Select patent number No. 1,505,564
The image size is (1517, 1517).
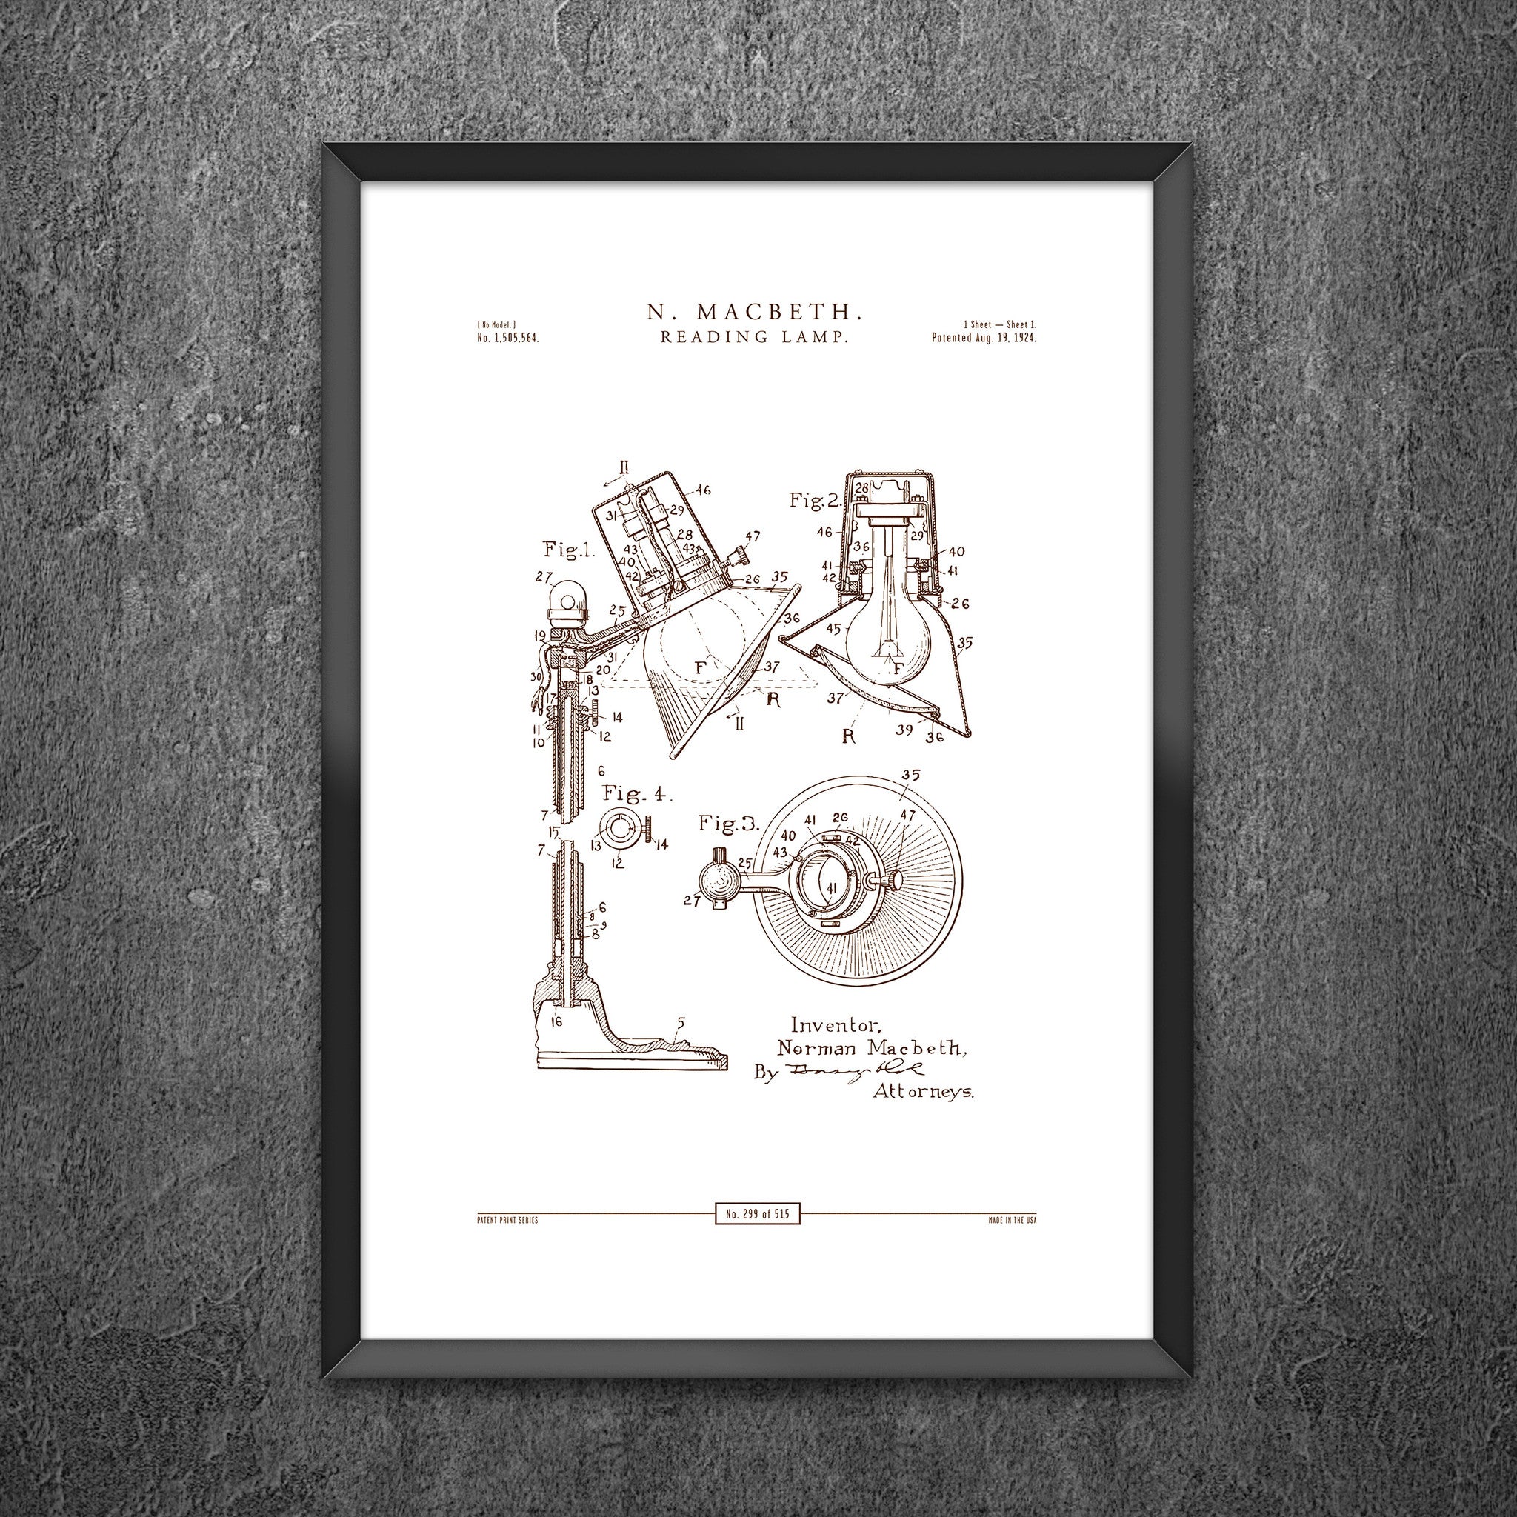(507, 339)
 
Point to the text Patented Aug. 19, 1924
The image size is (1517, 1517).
(984, 339)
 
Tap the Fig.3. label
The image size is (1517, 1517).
(730, 824)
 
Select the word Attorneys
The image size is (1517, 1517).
(924, 1091)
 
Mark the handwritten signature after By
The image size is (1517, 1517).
(848, 1070)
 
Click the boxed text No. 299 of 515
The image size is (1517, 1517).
(758, 1215)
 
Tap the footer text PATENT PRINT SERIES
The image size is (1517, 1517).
(507, 1221)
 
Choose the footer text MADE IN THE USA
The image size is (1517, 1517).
(1012, 1221)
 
